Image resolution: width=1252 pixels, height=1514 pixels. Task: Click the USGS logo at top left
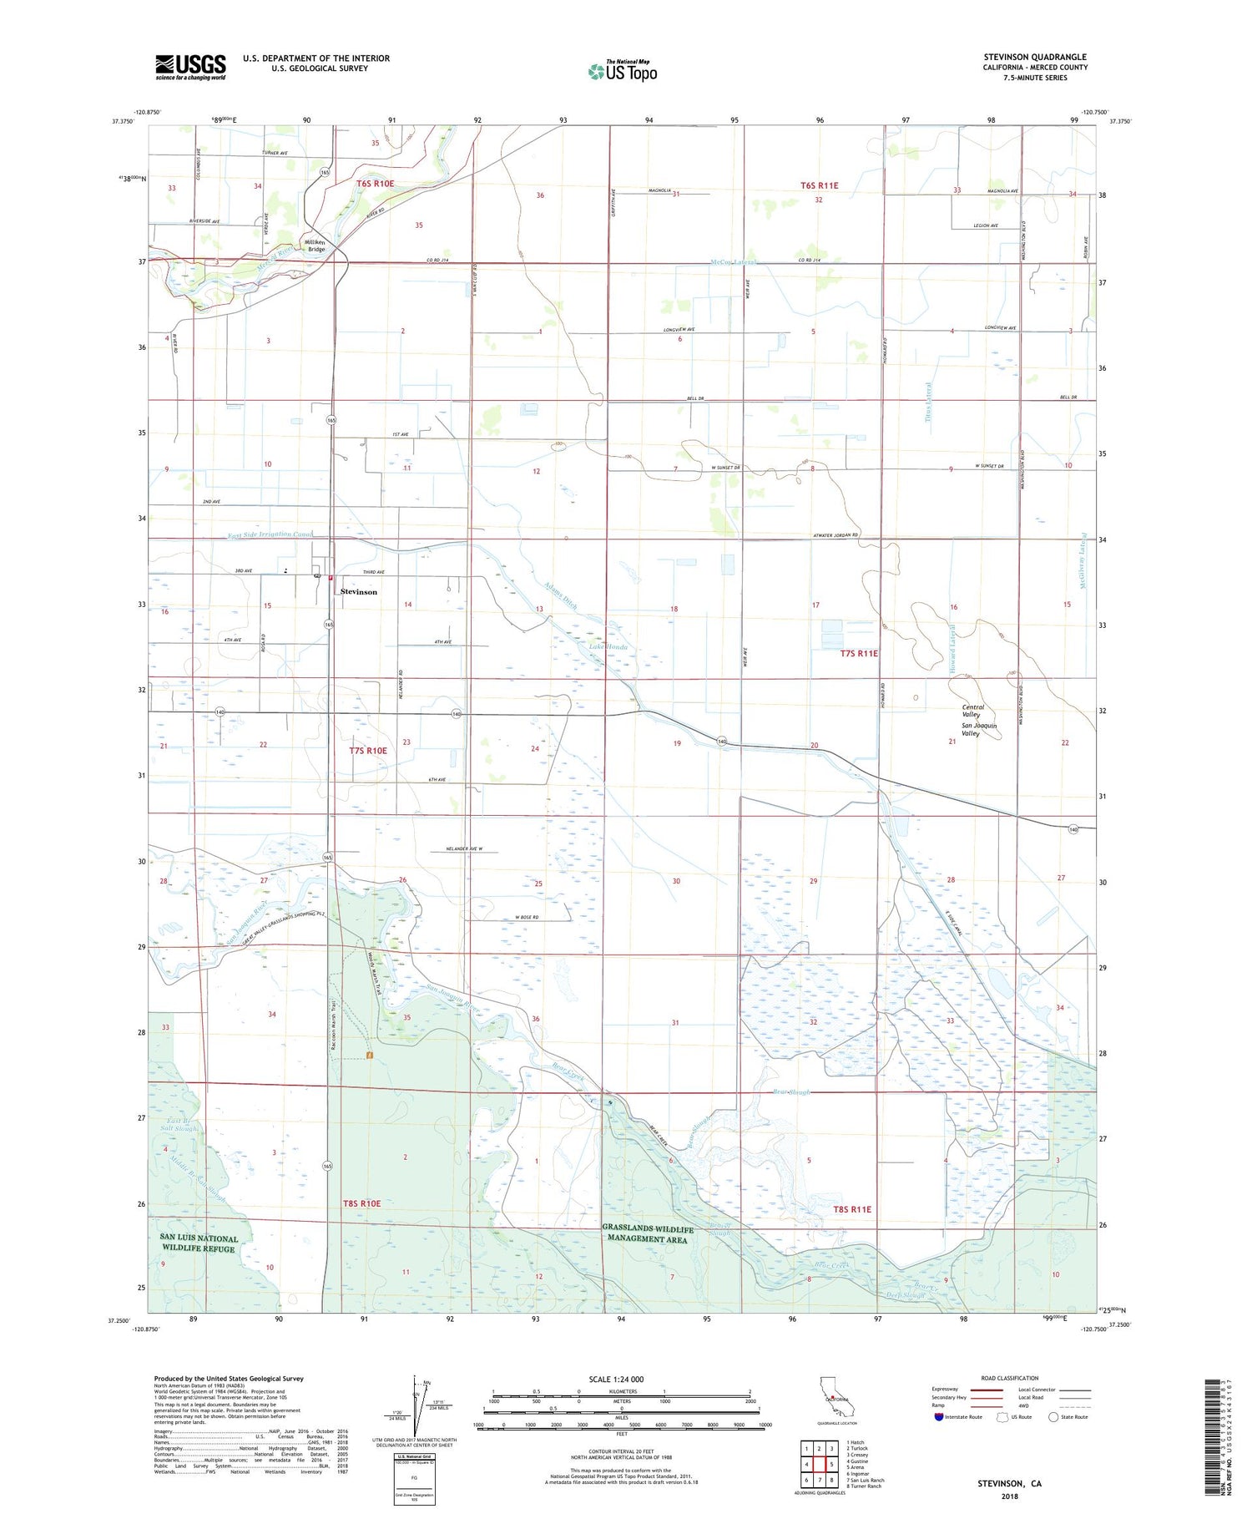(x=190, y=67)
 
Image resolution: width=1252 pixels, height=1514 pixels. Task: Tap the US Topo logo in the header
(x=623, y=71)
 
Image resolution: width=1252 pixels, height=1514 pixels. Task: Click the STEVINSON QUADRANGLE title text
(x=1034, y=58)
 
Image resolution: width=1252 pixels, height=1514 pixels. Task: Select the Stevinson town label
(x=358, y=591)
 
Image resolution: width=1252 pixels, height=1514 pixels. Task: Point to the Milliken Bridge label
(x=316, y=244)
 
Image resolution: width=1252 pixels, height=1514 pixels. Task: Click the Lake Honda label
(x=608, y=646)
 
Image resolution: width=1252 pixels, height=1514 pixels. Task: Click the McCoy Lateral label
(x=733, y=262)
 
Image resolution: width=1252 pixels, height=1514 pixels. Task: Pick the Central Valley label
(x=973, y=711)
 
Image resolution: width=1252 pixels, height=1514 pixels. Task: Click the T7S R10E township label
(x=368, y=750)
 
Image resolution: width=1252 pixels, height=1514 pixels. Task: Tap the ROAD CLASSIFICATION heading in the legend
(x=1010, y=1378)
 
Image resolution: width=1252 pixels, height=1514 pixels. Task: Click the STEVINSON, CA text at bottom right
(x=1009, y=1483)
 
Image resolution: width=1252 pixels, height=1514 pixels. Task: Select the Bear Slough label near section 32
(x=791, y=1091)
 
